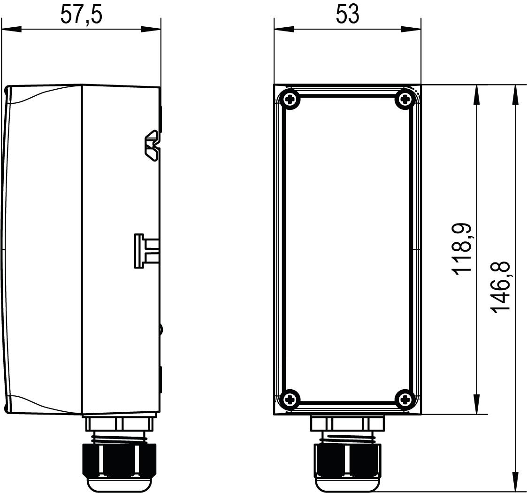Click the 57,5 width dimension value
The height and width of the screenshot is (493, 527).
pos(81,15)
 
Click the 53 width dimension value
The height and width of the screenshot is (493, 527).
pos(347,15)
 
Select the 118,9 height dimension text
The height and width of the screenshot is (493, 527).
pos(461,249)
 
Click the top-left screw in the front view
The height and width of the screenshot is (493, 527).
pos(291,99)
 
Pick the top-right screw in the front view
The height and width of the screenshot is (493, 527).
pos(405,99)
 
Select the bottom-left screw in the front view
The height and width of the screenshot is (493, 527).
pos(291,400)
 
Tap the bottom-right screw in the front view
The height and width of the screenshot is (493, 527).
pos(405,400)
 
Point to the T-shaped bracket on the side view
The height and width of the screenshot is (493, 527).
pos(143,251)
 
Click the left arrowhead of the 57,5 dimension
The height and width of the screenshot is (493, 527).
pos(11,29)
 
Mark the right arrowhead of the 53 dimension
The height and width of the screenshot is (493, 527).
pos(411,29)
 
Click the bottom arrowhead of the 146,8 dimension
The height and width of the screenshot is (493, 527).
pos(516,481)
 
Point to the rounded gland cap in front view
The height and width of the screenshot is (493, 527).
pos(347,484)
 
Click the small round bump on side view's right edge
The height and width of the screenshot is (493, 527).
pos(161,329)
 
